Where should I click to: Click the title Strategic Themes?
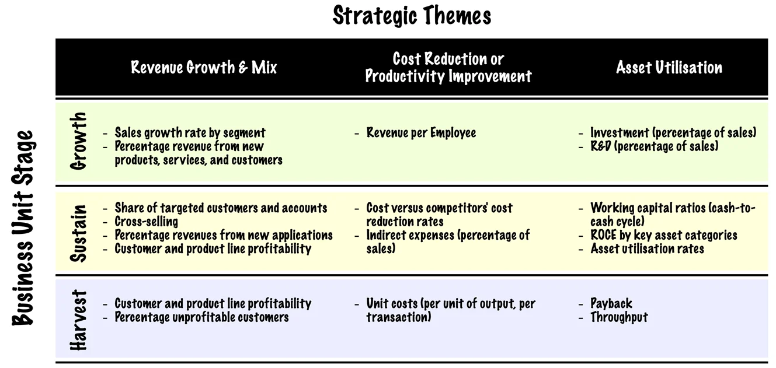pos(412,16)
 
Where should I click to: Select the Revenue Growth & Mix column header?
pos(204,67)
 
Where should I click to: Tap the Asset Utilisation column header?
pos(669,67)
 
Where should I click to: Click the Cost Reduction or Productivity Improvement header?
pos(448,67)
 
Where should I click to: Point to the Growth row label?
pos(79,141)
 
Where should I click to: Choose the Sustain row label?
pos(79,232)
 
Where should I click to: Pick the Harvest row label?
pos(79,320)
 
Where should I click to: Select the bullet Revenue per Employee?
pos(420,132)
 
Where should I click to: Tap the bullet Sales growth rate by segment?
pos(190,132)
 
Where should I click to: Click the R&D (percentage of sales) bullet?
pos(654,146)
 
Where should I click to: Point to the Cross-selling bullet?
pos(146,222)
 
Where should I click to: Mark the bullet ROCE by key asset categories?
pos(663,235)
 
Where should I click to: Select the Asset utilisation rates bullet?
pos(647,248)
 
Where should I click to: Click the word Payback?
pos(611,303)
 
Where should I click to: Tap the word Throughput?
pos(619,317)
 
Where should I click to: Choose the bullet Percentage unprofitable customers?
pos(201,317)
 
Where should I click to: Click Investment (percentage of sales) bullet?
pos(673,132)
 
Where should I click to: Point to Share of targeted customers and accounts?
pos(221,208)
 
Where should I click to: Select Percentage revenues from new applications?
pos(223,235)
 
